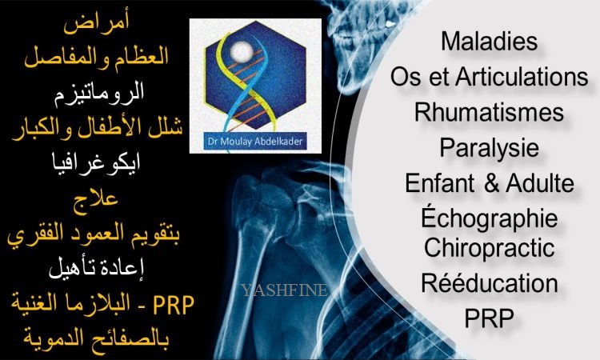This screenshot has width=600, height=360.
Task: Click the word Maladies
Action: click(x=489, y=41)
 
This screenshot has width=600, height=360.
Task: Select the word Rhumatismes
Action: click(x=489, y=112)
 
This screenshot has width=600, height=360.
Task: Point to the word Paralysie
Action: click(x=489, y=149)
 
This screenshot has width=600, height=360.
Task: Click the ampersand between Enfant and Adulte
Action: click(x=492, y=183)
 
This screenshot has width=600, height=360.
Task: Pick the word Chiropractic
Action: click(x=489, y=247)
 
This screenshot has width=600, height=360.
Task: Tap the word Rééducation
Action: click(x=489, y=282)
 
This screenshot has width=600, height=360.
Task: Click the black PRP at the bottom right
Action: click(x=489, y=318)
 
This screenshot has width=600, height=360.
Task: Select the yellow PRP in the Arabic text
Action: click(x=174, y=306)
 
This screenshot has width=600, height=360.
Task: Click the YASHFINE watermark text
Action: click(x=284, y=290)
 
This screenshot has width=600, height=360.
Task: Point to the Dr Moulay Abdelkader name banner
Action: click(x=255, y=142)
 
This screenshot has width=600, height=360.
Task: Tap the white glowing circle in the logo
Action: click(x=242, y=51)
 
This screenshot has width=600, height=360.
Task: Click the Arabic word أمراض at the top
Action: click(x=97, y=24)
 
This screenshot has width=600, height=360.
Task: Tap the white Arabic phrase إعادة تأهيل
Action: click(x=97, y=268)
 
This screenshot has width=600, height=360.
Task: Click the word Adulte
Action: click(x=540, y=183)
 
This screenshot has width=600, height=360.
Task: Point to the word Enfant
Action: click(x=440, y=183)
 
